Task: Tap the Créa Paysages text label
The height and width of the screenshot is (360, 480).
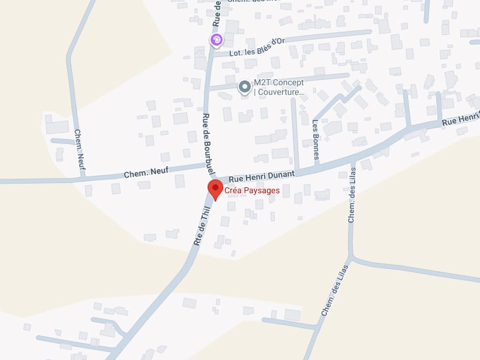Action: point(252,191)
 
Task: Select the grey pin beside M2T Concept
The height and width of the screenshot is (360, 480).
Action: point(244,88)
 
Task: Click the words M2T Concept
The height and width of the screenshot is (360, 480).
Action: point(278,83)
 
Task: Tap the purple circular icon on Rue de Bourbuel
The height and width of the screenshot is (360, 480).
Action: point(216,40)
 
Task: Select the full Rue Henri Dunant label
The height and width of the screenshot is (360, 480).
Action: point(262,175)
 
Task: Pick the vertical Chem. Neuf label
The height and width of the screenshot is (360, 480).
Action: point(79,149)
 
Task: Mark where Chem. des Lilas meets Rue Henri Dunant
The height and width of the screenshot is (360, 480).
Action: point(353,161)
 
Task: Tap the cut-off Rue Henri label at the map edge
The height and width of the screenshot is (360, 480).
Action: point(461,118)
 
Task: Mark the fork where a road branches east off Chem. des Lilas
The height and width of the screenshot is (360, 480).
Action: point(353,259)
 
